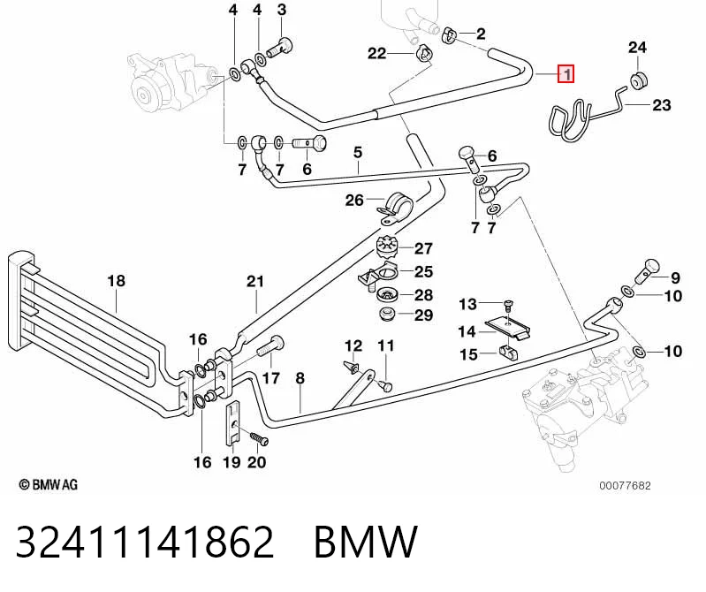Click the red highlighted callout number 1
point(566,74)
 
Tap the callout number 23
point(662,105)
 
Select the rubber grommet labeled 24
point(639,80)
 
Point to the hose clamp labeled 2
point(449,35)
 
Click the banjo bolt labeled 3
point(279,48)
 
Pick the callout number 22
point(377,54)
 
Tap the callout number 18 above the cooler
point(116,281)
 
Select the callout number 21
point(255,282)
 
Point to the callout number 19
point(232,462)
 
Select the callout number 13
point(467,304)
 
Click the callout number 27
point(423,248)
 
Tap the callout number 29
point(423,315)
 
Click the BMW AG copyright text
point(49,485)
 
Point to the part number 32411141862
point(145,542)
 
